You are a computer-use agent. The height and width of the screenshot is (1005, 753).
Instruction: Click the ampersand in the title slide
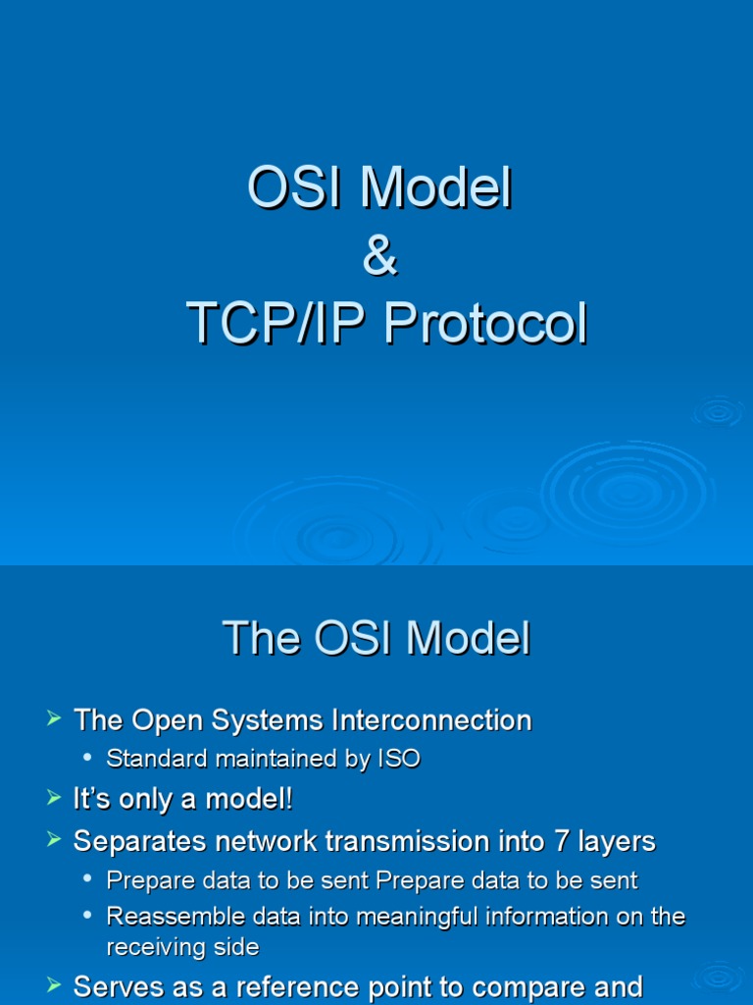(x=379, y=255)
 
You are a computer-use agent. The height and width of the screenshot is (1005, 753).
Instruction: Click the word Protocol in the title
(x=485, y=323)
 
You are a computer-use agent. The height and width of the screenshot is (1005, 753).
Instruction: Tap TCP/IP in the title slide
(x=276, y=323)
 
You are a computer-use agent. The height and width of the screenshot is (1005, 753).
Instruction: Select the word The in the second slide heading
(x=261, y=638)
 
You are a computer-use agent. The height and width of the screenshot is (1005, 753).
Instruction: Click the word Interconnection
(x=431, y=719)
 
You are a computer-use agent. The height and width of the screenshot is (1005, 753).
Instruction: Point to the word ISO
(x=400, y=759)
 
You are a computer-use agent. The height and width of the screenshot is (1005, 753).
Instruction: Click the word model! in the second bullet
(x=248, y=799)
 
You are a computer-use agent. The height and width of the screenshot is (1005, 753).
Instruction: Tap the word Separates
(x=140, y=841)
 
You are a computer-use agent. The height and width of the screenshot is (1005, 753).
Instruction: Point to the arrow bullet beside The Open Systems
(x=54, y=718)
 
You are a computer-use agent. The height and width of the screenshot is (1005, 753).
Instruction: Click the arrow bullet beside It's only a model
(x=54, y=798)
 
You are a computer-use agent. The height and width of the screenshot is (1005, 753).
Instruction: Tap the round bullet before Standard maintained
(x=87, y=758)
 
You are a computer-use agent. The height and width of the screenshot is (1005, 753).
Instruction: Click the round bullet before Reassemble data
(x=87, y=916)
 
